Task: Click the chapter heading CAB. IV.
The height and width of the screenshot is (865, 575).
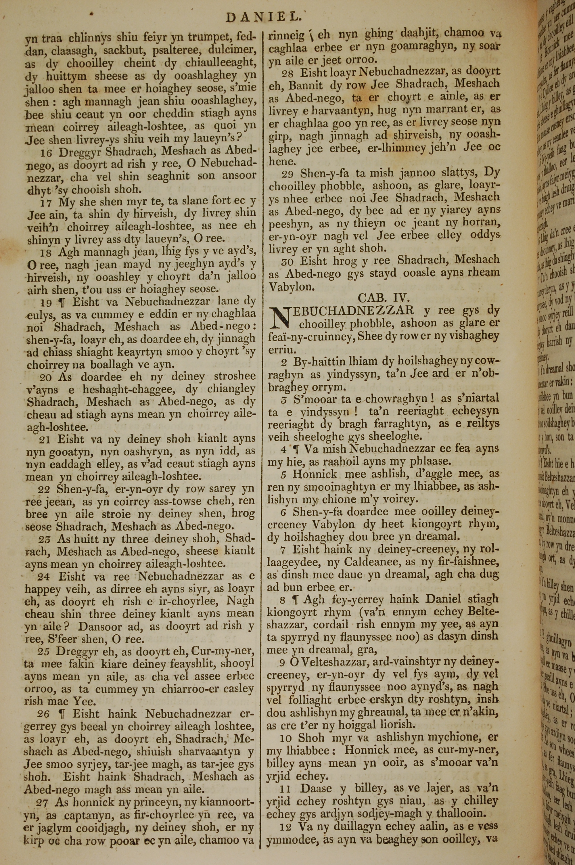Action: (x=384, y=297)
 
